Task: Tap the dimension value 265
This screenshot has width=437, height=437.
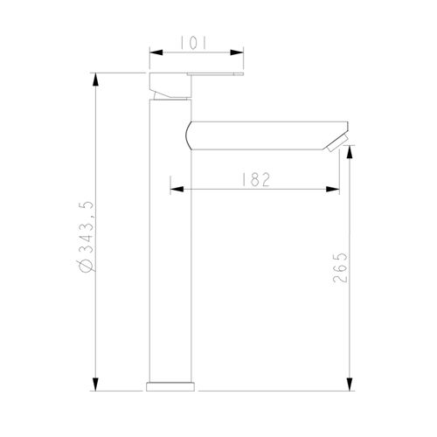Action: tap(340, 269)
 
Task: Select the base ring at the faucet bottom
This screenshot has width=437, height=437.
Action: tap(172, 385)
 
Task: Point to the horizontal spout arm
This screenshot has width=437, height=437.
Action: tap(262, 135)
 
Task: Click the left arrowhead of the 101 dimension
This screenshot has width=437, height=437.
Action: tap(155, 52)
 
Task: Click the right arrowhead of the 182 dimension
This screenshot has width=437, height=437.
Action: tap(335, 188)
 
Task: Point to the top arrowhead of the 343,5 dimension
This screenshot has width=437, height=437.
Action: tap(96, 80)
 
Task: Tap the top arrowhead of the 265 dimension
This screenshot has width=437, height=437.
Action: tap(350, 150)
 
